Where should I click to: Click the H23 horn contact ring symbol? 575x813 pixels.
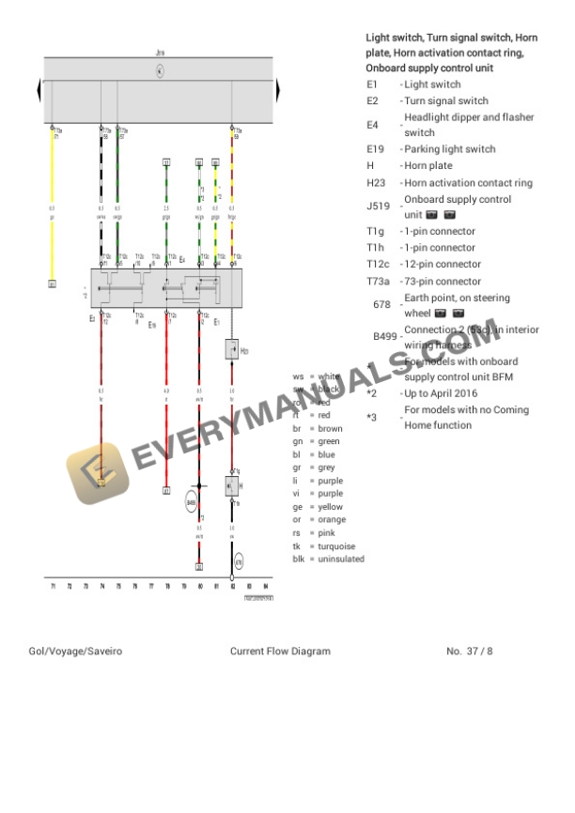[232, 350]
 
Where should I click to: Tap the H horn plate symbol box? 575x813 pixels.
[232, 485]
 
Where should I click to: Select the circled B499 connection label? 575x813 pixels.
[192, 502]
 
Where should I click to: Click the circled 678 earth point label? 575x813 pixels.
[239, 562]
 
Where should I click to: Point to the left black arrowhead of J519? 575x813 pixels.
[39, 91]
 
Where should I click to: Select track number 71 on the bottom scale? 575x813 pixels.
[54, 587]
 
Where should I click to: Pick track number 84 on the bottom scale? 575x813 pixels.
[267, 587]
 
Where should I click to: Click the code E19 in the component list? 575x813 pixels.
[375, 149]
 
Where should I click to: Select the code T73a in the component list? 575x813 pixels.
[378, 282]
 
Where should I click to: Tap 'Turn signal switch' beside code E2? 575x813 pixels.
[446, 101]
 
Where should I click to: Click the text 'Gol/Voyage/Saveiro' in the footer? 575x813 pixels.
[75, 652]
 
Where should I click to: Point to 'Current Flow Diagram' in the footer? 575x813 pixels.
[280, 652]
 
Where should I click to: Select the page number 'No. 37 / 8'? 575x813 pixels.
[470, 652]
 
